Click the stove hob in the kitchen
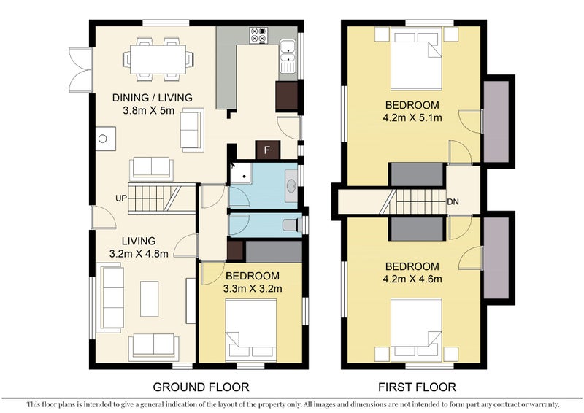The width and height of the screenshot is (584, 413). (x=259, y=34)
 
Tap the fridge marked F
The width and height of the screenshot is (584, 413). (x=267, y=150)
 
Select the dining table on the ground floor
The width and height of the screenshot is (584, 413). (x=158, y=59)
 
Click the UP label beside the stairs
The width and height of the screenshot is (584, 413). (x=121, y=198)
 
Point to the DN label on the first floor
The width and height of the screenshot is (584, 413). (x=453, y=202)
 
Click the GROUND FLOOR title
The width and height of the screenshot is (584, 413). (x=201, y=387)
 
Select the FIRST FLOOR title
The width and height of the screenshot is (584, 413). (x=417, y=387)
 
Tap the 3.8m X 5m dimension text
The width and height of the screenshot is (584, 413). (x=149, y=110)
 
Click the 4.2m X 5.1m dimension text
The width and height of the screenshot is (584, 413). (x=412, y=117)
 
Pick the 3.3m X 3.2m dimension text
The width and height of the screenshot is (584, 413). (x=253, y=288)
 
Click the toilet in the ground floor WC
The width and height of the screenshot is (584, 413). (x=293, y=225)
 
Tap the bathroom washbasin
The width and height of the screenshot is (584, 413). (x=291, y=186)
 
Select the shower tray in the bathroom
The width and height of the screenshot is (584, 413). (x=242, y=173)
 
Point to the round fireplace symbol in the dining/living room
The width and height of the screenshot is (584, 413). (x=103, y=139)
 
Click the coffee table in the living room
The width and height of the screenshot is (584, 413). (x=150, y=298)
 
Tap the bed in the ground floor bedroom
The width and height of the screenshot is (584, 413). (x=251, y=330)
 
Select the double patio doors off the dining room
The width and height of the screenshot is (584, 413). (x=80, y=69)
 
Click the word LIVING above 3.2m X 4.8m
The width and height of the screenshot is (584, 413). (x=139, y=241)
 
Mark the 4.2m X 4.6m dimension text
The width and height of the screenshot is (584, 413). (x=412, y=279)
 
